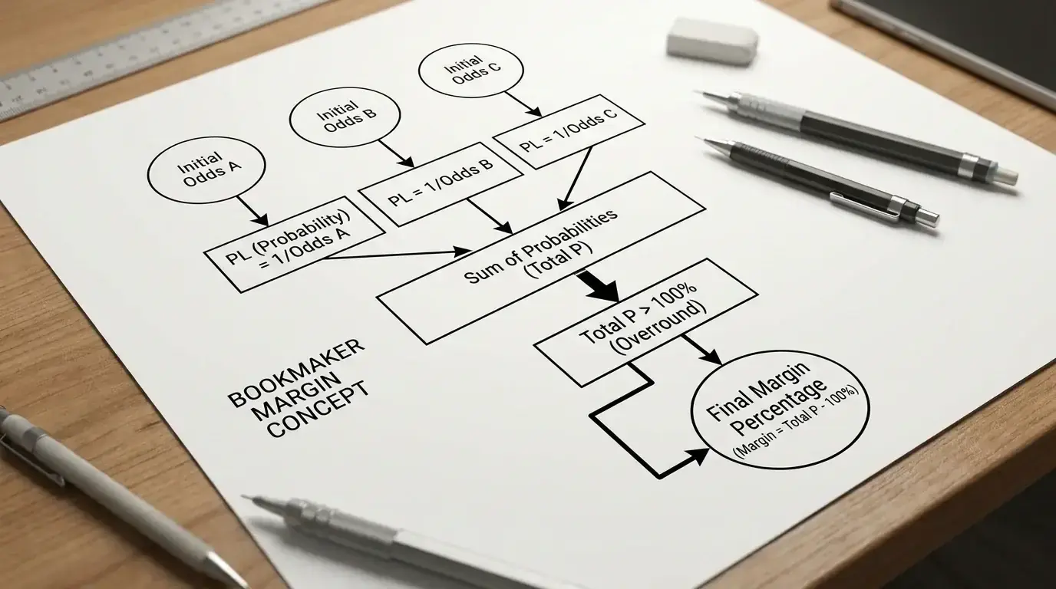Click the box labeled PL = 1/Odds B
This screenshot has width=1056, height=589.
point(441,184)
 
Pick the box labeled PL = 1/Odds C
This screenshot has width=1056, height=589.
point(569,131)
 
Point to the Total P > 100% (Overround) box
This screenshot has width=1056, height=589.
point(646,323)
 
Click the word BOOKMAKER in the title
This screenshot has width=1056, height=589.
point(296,373)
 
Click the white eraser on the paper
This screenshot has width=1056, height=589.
point(712,41)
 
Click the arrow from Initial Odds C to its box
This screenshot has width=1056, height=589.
point(523,104)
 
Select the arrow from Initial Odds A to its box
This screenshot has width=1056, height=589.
point(252,211)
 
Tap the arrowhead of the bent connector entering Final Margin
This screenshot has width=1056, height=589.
point(698,456)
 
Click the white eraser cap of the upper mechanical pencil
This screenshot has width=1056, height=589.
point(1007,176)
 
